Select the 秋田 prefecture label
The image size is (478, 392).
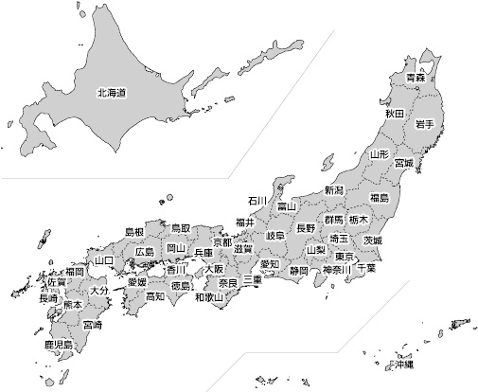pos(394,114)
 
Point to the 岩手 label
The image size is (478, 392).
pos(424,124)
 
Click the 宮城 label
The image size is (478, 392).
pos(403,163)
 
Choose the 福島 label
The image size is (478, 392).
pos(380,198)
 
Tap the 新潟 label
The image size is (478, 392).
pos(334,190)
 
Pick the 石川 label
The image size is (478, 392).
pos(257,201)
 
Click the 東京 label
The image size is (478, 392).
pos(345,257)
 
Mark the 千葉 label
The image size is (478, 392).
pos(364,268)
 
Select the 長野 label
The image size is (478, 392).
pos(306,228)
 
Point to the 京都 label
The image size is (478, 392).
pos(222,243)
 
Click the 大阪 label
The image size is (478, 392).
pos(213,269)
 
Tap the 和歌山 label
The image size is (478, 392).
pos(208,296)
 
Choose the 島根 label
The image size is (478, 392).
pos(134,232)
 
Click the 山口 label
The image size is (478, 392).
pos(103,259)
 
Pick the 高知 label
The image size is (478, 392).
pos(154,296)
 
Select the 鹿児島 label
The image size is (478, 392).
pos(58,346)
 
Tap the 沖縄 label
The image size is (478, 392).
pos(404,364)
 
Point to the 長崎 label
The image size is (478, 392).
pos(47,298)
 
